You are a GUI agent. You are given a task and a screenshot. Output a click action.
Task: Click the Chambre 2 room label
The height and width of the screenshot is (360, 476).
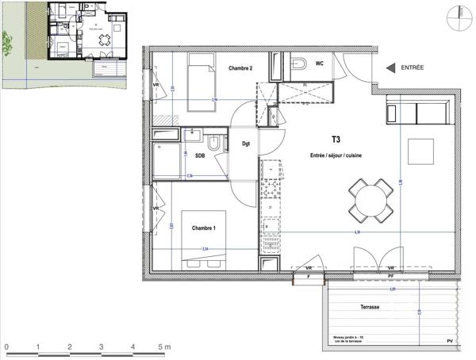point(240,69)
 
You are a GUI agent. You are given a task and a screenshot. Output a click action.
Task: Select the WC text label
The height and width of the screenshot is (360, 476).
point(320,63)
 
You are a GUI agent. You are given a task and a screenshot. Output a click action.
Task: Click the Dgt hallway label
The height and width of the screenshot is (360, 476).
point(246,144)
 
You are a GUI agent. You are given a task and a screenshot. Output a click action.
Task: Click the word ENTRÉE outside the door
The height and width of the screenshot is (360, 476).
point(413,68)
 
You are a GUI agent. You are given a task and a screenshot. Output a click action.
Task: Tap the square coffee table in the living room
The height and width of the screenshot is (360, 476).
point(421,151)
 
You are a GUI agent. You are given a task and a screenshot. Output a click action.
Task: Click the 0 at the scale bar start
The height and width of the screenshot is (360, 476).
point(6,347)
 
